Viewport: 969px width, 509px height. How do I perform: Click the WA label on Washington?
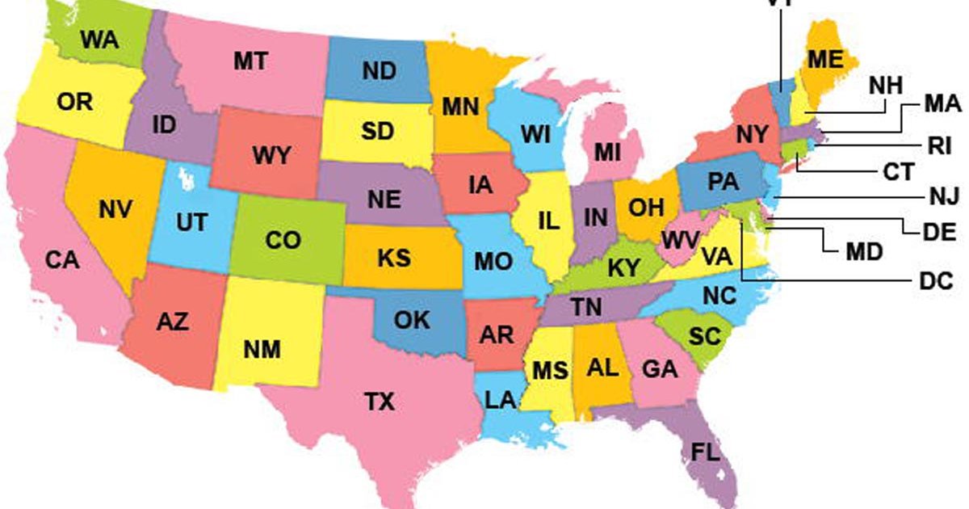point(100,39)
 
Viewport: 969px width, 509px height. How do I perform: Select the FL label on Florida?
point(705,452)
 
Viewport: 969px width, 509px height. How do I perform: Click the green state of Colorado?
point(283,241)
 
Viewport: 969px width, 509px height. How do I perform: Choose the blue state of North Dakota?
point(378,71)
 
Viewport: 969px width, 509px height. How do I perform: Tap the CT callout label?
point(896,172)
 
